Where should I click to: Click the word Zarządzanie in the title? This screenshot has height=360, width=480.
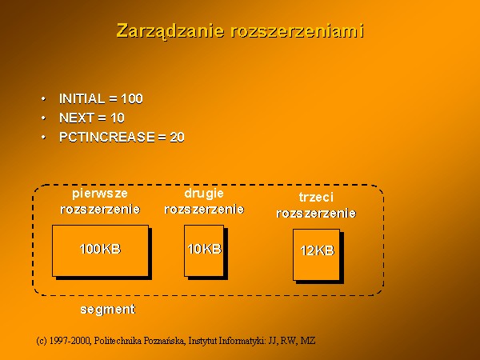pos(170,31)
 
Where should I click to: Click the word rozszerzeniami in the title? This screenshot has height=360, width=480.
pos(298,31)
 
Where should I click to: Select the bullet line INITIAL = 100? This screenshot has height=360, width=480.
pos(101,98)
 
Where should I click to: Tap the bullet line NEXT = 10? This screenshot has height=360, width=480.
pos(92,118)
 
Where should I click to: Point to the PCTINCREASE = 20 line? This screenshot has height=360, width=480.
pos(122,137)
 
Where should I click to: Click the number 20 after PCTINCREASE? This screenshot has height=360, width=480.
pos(178,137)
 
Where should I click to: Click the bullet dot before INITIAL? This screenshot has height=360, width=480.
pos(43,99)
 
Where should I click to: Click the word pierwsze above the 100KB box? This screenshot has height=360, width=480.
pos(100,194)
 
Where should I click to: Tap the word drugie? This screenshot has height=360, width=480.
pos(204,194)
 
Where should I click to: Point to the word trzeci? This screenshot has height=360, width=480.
pos(316,197)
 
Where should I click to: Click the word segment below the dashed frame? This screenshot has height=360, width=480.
pos(107,310)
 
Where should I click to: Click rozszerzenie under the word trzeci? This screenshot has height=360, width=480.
pos(316,213)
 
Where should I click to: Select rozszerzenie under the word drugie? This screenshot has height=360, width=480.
pos(204,210)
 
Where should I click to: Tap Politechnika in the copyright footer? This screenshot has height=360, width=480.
pos(118,341)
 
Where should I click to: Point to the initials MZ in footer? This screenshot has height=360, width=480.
pos(308,341)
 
